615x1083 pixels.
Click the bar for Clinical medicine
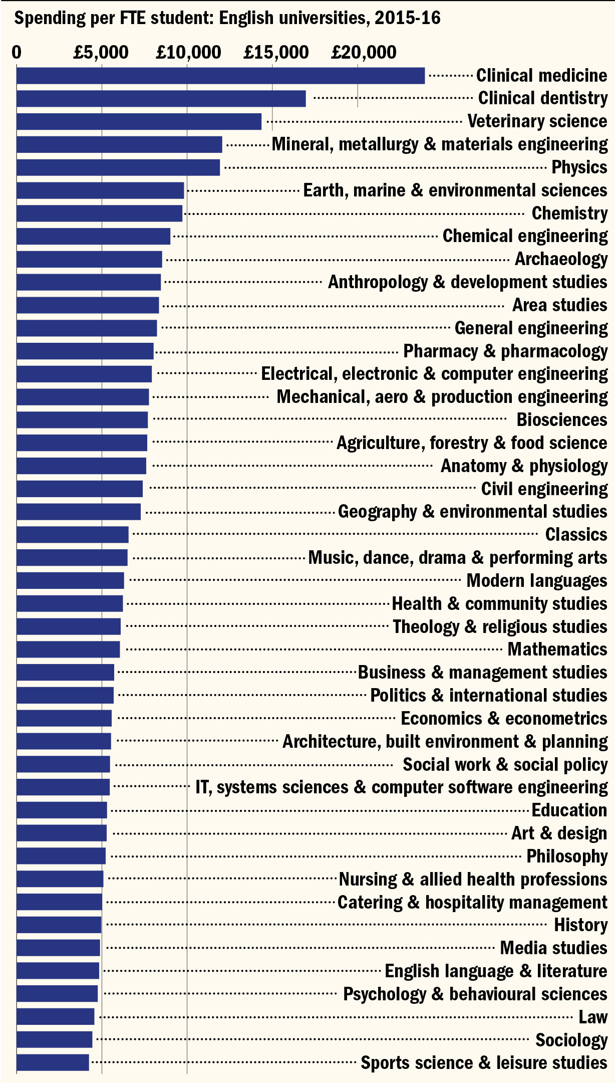220,76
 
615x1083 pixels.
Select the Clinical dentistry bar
161,99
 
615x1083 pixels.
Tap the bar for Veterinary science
139,122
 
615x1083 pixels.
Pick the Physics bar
118,167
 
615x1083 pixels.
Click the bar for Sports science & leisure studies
53,1062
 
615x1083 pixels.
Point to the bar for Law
55,1016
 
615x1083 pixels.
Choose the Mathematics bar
68,649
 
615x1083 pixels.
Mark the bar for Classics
72,534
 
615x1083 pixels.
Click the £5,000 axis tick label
101,52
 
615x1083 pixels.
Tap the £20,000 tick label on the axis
364,52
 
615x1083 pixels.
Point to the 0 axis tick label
17,52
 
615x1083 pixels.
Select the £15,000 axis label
276,52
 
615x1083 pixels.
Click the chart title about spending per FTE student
227,19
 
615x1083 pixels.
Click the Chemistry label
569,213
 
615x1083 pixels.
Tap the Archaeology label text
561,259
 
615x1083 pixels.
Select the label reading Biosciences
561,420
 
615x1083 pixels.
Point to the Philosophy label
567,856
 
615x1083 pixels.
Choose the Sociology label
571,1040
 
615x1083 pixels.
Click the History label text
580,925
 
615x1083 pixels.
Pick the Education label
569,810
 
